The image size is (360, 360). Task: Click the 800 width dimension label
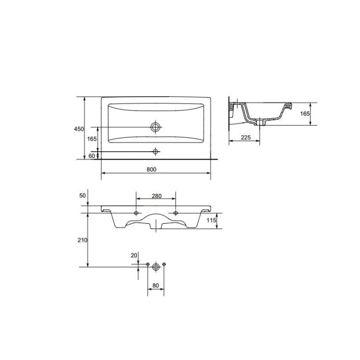coord(151,169)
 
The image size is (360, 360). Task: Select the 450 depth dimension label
coord(79,130)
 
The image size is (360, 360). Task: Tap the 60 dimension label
coord(92,155)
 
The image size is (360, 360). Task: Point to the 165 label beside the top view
coord(92,139)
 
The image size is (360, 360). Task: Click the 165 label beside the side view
coord(305,113)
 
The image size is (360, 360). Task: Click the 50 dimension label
coord(82,196)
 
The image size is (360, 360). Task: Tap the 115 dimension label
coord(210,220)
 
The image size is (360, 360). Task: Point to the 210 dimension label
coord(82,240)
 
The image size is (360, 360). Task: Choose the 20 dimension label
coord(134,256)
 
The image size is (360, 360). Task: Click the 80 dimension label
coord(156,287)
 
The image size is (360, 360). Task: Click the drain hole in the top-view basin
coord(155,127)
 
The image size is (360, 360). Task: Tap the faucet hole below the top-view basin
coord(155,152)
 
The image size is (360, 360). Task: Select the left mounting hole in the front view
coord(136,213)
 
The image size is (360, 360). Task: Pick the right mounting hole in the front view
coord(175,213)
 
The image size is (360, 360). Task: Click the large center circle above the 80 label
coord(156,265)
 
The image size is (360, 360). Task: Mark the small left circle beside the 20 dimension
coord(148,265)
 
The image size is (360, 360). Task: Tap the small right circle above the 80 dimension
coord(164,265)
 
